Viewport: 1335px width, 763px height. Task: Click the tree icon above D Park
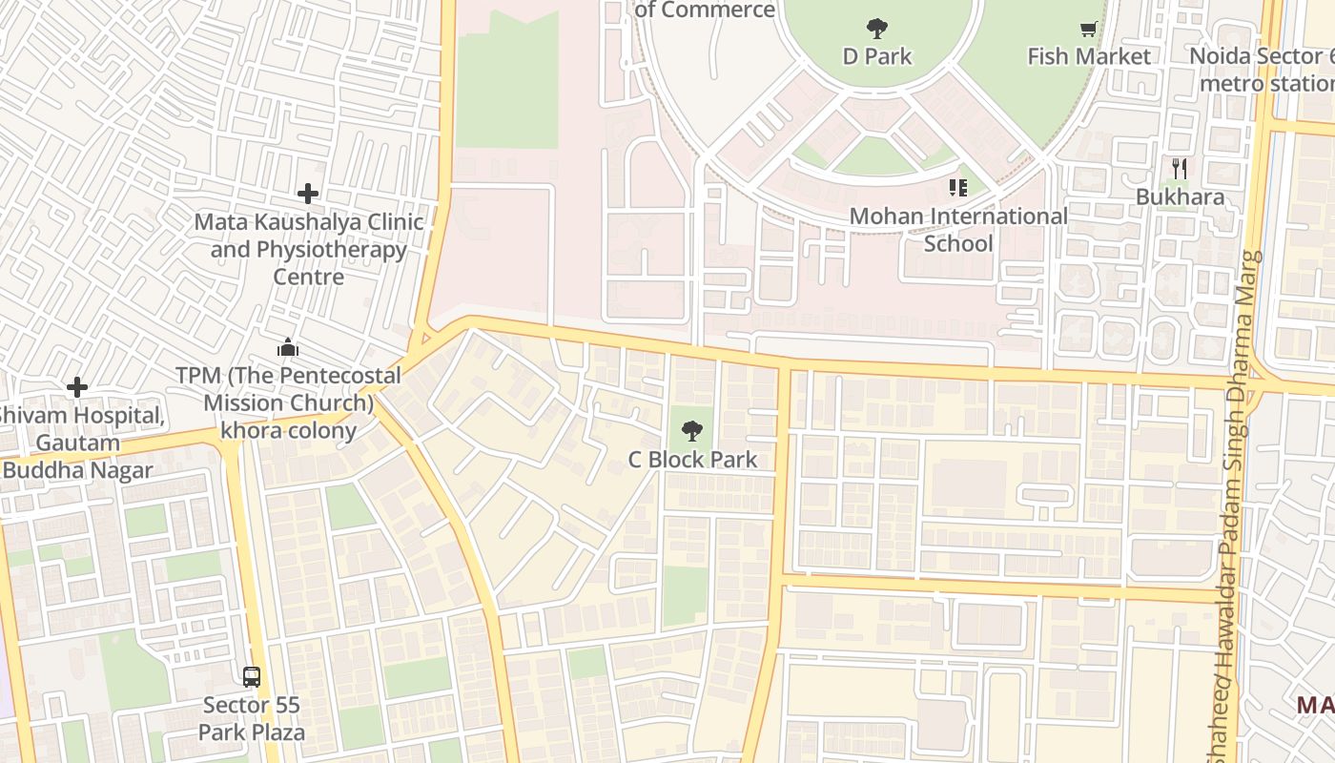point(877,29)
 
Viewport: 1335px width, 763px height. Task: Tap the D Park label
point(877,56)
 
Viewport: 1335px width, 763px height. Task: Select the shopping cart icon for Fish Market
point(1088,30)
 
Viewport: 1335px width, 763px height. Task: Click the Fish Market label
point(1088,56)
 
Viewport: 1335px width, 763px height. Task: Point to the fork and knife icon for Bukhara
point(1180,169)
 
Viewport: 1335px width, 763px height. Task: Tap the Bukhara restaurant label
point(1180,197)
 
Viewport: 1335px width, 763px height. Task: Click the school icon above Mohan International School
point(958,188)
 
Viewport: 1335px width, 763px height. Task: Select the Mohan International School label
point(958,230)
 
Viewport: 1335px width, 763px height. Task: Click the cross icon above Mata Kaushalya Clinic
point(307,194)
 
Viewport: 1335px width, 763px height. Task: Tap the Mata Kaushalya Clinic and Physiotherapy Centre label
point(309,249)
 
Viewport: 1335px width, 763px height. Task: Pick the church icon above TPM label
point(288,347)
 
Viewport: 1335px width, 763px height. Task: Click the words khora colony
point(288,430)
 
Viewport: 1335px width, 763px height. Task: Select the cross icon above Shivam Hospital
point(77,387)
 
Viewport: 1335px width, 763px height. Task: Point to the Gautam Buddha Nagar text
point(78,457)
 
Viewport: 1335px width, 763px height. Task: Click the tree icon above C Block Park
point(692,431)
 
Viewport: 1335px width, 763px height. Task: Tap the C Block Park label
point(692,459)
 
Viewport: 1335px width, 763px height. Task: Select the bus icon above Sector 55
point(252,677)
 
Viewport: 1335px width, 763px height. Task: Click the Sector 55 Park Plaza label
point(252,719)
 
